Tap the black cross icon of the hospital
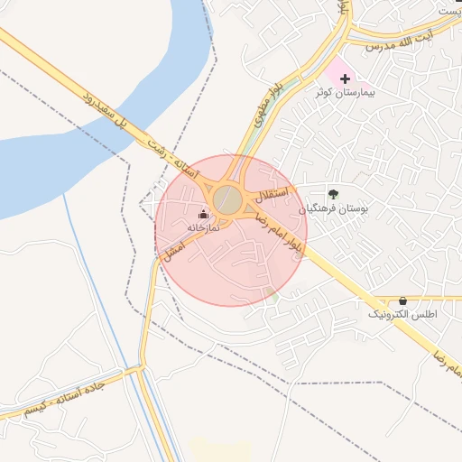tap(346, 79)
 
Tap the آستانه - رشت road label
tap(171, 162)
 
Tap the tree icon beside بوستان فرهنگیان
tap(334, 193)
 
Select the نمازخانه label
tap(203, 228)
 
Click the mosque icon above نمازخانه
tap(203, 215)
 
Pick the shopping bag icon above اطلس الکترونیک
tap(402, 300)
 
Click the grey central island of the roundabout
tap(228, 199)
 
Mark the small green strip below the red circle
tap(273, 293)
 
